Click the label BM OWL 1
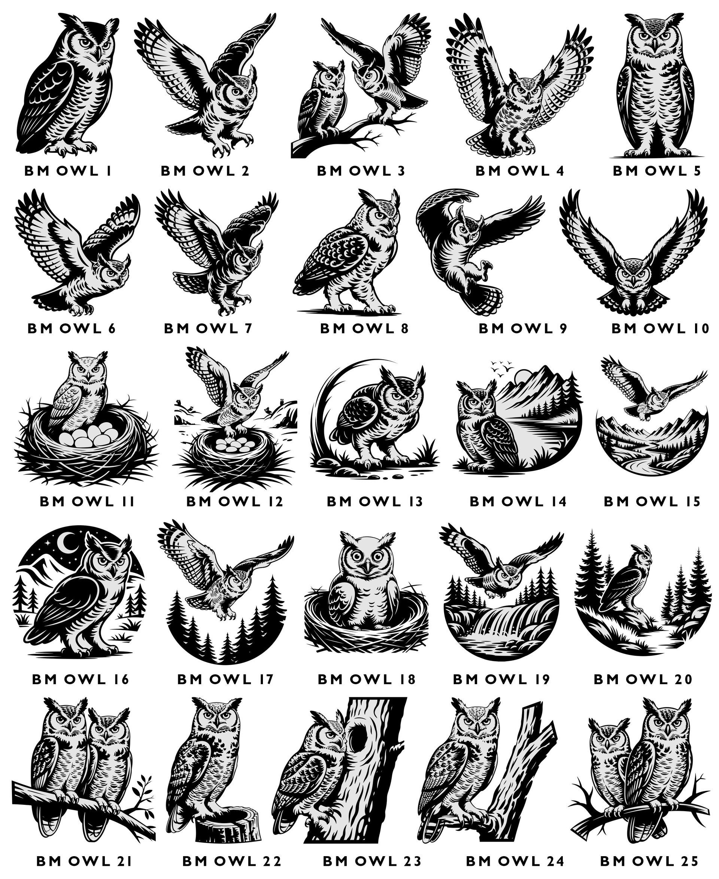(x=68, y=171)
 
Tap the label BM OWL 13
(x=374, y=501)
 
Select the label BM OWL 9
(x=523, y=328)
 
